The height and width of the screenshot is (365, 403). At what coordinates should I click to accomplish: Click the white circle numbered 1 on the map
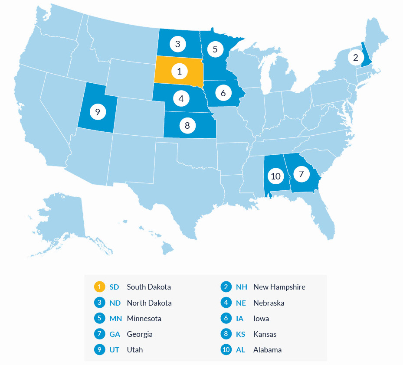pos(179,71)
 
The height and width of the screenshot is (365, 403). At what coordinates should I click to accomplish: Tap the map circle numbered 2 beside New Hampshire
pos(356,57)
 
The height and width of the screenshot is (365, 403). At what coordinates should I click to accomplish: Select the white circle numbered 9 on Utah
pos(98,112)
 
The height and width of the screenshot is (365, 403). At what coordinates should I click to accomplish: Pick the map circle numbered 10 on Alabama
pos(275,176)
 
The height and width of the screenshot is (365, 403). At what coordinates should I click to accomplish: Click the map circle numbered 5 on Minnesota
pos(215,49)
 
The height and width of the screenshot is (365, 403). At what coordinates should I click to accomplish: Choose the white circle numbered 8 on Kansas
pos(187,126)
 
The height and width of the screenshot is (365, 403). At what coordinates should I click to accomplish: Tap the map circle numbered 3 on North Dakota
pos(177,44)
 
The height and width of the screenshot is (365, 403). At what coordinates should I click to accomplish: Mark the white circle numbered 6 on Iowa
pos(223,92)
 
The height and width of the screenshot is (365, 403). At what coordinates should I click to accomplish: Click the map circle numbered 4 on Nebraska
pos(181,98)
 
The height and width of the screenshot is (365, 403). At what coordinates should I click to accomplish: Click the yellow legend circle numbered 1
pos(99,287)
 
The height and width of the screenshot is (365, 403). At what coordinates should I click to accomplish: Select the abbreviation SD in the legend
pos(114,287)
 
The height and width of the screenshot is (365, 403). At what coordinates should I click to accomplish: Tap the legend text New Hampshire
pos(279,287)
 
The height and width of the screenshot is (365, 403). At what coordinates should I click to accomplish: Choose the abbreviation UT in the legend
pos(115,350)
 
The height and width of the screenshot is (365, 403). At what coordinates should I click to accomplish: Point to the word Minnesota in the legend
pos(144,319)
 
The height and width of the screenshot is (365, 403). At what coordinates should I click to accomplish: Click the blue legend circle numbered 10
pos(226,350)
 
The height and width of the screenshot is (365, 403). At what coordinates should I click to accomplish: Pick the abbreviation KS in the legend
pos(241,334)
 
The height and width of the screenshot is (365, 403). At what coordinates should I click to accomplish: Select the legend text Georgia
pos(140,334)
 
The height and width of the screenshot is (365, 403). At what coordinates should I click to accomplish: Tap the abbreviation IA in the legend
pos(240,319)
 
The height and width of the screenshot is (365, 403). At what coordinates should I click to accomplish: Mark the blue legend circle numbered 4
pos(226,303)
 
